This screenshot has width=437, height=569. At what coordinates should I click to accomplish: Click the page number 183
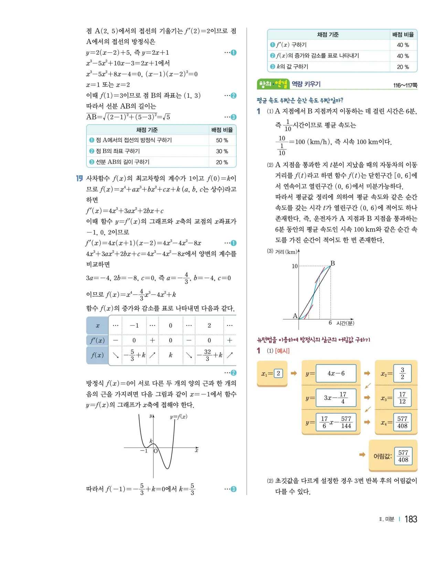click(411, 519)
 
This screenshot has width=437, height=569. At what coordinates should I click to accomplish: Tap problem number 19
click(79, 178)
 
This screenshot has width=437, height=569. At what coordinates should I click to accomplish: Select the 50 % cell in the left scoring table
click(222, 140)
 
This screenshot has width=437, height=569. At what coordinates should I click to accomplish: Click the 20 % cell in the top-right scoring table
click(403, 67)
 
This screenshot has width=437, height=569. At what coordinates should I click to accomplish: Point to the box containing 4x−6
click(336, 373)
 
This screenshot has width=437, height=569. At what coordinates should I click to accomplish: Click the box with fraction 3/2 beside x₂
click(402, 374)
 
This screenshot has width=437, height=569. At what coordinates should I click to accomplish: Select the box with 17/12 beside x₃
click(402, 398)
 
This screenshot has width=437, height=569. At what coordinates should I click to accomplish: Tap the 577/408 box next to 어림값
click(403, 456)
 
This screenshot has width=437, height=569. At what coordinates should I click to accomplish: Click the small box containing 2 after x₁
click(278, 373)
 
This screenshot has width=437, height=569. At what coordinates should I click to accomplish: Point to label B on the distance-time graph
click(332, 263)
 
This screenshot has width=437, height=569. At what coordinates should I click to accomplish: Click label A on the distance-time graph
click(295, 316)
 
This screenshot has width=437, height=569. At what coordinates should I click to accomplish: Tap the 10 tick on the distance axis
click(295, 266)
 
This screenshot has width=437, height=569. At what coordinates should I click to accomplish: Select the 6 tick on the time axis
click(330, 323)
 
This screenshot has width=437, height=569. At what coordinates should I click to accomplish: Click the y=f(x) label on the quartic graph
click(179, 417)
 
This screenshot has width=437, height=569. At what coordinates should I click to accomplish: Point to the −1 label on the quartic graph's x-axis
click(144, 451)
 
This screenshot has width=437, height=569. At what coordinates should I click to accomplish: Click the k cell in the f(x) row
click(170, 355)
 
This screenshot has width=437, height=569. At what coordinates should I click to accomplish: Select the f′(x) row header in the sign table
click(97, 340)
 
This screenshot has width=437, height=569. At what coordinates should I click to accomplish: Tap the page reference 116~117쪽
click(405, 85)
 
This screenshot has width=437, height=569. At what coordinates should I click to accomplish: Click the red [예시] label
click(282, 351)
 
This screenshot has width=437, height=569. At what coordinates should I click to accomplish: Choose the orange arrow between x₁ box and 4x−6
click(294, 373)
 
